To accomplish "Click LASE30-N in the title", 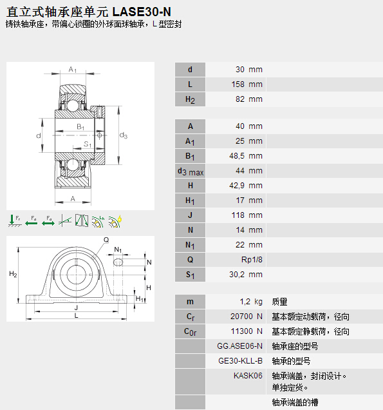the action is [x=142, y=12].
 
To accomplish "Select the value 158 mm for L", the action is [x=247, y=84].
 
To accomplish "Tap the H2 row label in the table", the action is [x=190, y=100].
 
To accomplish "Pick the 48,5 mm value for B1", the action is [x=246, y=156].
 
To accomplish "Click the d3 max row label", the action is [x=191, y=171].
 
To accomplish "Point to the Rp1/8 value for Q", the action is [x=252, y=260].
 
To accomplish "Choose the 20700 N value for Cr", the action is [x=246, y=317].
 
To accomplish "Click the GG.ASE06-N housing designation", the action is [x=239, y=346].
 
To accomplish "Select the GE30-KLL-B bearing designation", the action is [x=240, y=361].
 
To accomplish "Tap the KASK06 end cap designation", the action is [x=248, y=376].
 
